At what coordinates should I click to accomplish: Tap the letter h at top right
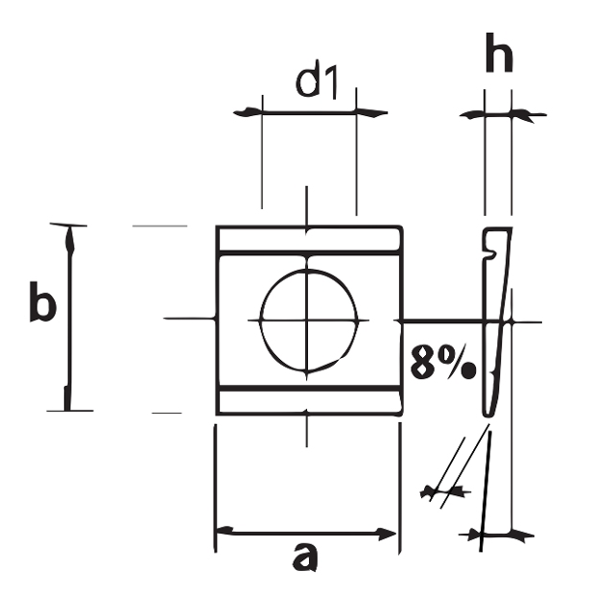point(498,56)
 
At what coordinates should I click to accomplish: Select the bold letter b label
point(41,305)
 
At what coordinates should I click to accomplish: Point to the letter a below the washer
point(304,556)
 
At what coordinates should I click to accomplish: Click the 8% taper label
point(441,363)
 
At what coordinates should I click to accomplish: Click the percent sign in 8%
point(459,363)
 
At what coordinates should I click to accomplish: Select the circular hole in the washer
point(308,320)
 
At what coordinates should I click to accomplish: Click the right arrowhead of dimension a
point(388,533)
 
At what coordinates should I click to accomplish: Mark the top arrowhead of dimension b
point(67,236)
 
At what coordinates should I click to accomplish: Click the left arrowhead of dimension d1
point(249,112)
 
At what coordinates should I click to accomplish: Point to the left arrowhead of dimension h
point(473,115)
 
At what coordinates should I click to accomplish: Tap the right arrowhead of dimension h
point(523,115)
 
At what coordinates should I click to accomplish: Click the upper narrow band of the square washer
point(308,240)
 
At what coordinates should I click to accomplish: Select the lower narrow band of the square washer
point(308,402)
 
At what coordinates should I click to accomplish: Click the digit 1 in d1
point(332,83)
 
